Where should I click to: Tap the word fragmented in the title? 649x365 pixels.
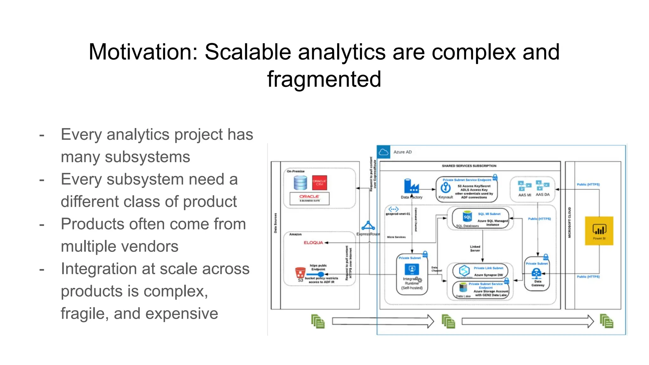324,79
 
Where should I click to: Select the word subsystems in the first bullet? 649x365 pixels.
147,157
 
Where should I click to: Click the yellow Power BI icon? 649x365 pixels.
599,230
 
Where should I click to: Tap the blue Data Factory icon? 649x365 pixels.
411,186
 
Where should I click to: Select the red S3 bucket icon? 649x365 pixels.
300,272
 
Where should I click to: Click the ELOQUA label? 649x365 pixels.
313,243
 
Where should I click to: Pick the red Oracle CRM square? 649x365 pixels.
319,182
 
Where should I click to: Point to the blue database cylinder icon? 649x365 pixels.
300,183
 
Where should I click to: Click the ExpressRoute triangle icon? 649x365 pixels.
368,226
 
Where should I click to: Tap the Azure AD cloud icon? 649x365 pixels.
383,152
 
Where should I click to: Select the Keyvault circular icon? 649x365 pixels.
446,188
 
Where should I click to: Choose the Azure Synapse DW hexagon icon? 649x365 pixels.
464,270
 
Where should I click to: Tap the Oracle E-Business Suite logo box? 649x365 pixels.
309,198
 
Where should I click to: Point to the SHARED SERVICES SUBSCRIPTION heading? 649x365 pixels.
469,166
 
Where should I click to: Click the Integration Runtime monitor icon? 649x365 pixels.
412,270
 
